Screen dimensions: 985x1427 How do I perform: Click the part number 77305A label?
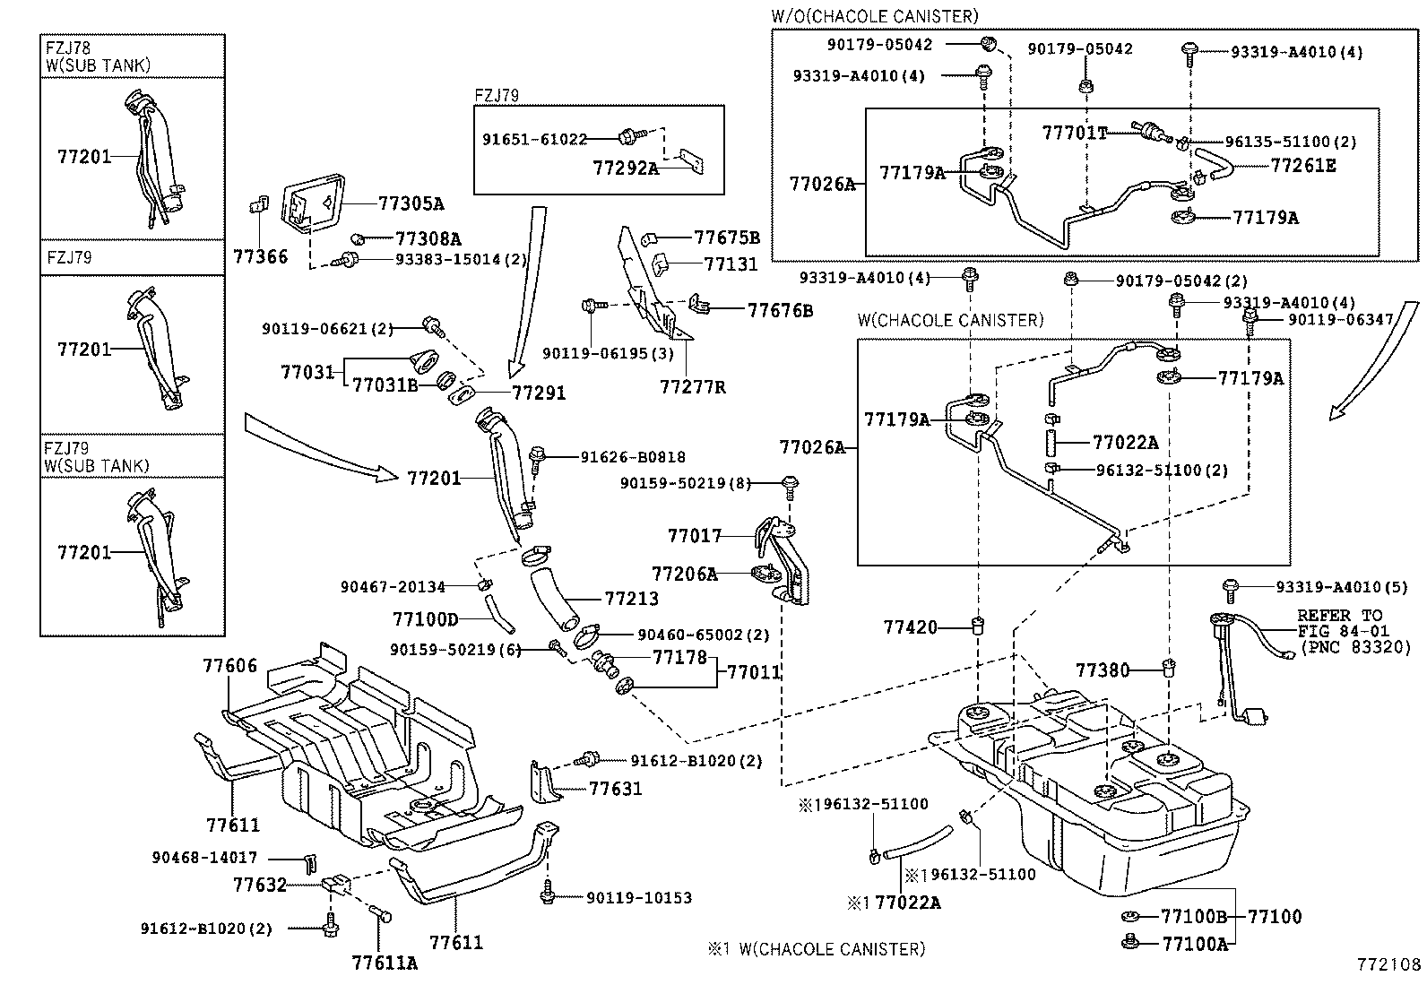[x=411, y=203]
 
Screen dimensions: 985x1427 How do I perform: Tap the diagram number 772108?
[x=1388, y=965]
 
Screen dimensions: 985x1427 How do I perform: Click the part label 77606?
[x=229, y=666]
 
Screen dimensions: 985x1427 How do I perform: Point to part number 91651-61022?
[x=534, y=139]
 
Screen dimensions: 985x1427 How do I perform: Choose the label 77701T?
[x=1075, y=134]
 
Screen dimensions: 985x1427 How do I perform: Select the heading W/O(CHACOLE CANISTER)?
[x=874, y=16]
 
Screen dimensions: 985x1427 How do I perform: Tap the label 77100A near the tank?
[x=1194, y=943]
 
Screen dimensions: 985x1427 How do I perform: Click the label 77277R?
[x=692, y=386]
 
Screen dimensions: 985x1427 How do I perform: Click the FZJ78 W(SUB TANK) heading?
[x=98, y=56]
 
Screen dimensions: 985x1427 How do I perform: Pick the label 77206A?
[x=685, y=574]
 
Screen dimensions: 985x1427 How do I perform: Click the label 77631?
[x=616, y=789]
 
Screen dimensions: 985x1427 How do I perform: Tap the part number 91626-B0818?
[x=633, y=456]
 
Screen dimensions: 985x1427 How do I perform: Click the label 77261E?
[x=1302, y=166]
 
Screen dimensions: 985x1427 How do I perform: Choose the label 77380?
[x=1103, y=670]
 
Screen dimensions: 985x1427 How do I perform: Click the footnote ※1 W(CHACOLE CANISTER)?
[x=817, y=948]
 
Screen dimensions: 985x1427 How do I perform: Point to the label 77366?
[x=261, y=257]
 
